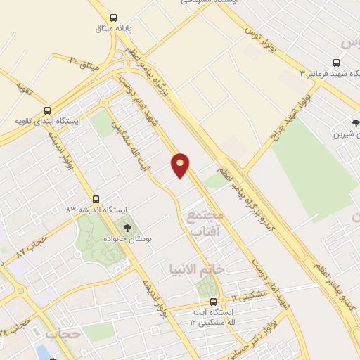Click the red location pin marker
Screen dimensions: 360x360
[x=181, y=165]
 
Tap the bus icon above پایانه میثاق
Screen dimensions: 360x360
[x=112, y=18]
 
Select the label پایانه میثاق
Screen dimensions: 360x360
[x=112, y=30]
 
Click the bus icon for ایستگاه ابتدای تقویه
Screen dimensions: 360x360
[x=48, y=110]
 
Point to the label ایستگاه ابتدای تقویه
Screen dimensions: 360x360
[x=48, y=121]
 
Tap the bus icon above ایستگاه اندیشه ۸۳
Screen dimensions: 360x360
[x=96, y=199]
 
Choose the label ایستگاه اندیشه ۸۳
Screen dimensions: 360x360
[x=96, y=210]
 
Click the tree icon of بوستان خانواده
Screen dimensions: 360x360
[x=127, y=227]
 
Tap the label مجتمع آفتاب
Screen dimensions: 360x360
[x=205, y=222]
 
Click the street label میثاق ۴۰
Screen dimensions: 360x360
[x=85, y=62]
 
